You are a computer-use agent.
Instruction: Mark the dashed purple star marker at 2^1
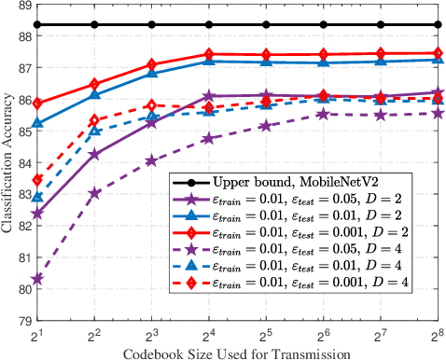(x=37, y=279)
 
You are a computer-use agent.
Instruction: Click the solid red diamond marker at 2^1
(x=37, y=104)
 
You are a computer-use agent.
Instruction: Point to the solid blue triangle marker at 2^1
(x=37, y=123)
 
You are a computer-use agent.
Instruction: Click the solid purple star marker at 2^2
(x=94, y=154)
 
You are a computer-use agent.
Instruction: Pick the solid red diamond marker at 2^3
(x=151, y=65)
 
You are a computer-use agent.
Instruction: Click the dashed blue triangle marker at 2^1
(x=37, y=197)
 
